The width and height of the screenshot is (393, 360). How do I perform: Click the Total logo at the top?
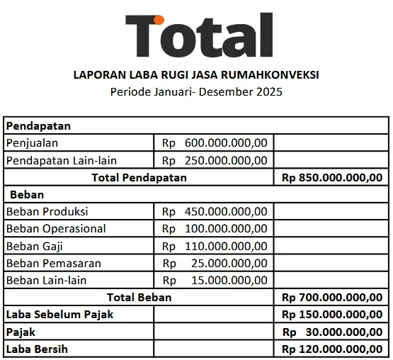pyautogui.click(x=199, y=36)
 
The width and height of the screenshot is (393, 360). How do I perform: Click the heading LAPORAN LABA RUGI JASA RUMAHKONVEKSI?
pyautogui.click(x=196, y=74)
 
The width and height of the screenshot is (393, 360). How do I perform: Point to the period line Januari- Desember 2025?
pyautogui.click(x=196, y=91)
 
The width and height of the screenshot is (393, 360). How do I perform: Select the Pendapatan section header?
pyautogui.click(x=38, y=125)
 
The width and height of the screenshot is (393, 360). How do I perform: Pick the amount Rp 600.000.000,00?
pyautogui.click(x=215, y=143)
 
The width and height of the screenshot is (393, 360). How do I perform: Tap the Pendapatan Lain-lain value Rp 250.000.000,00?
pyautogui.click(x=215, y=160)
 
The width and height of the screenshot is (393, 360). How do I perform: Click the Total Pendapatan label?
pyautogui.click(x=139, y=177)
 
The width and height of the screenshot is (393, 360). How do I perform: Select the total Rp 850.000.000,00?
pyautogui.click(x=331, y=177)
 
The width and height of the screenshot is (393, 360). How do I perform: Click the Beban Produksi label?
pyautogui.click(x=47, y=211)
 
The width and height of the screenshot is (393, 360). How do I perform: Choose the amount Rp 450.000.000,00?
pyautogui.click(x=215, y=211)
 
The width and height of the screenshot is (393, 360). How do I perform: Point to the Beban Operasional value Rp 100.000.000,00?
pyautogui.click(x=215, y=228)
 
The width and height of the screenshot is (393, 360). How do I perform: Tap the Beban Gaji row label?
pyautogui.click(x=35, y=246)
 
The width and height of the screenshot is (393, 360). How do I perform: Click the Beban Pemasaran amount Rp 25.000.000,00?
pyautogui.click(x=215, y=263)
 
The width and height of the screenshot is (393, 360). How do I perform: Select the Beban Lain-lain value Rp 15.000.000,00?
pyautogui.click(x=215, y=280)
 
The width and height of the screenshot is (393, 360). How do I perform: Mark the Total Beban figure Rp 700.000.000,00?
pyautogui.click(x=331, y=297)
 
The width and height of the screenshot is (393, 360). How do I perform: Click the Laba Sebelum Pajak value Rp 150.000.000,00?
pyautogui.click(x=331, y=314)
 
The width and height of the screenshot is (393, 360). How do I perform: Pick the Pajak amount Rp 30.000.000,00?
pyautogui.click(x=331, y=331)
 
